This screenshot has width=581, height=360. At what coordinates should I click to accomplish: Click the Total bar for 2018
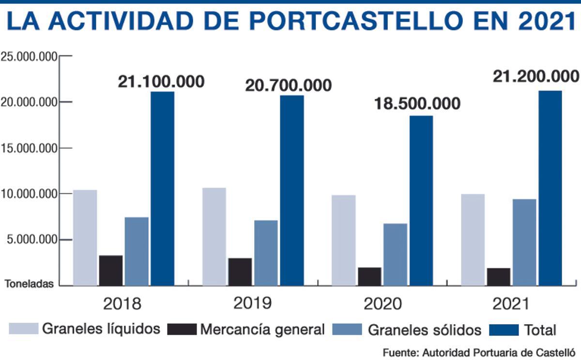[162, 188]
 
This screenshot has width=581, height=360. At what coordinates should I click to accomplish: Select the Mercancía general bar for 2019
[240, 272]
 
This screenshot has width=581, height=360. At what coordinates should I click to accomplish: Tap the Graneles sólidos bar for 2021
[524, 242]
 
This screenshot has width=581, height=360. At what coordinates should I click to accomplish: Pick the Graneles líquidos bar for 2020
[344, 240]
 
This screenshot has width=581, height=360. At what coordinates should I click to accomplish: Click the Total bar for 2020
[421, 201]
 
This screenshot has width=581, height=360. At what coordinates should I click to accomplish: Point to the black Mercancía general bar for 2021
[499, 277]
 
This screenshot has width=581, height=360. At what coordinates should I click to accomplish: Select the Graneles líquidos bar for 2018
[85, 237]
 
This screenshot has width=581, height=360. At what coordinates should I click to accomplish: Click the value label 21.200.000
[535, 77]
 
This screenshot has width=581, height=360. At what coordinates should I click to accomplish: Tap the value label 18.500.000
[417, 104]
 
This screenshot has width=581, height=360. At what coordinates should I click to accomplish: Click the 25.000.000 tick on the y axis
[29, 57]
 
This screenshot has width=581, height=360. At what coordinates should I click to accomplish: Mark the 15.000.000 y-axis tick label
[29, 148]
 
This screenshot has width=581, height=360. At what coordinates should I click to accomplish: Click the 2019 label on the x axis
[252, 303]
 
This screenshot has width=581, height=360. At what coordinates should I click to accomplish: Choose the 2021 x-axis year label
[511, 304]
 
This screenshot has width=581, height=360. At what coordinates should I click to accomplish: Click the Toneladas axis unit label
[29, 284]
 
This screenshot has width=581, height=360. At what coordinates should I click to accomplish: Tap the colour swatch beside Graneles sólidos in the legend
[347, 330]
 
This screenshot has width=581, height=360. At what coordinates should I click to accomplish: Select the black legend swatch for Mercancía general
[182, 330]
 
